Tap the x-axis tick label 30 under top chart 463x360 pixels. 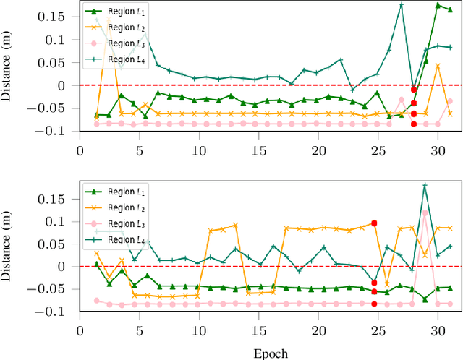pyautogui.click(x=436, y=149)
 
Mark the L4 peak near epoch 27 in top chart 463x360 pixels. pyautogui.click(x=402, y=5)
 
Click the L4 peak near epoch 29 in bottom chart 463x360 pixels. pyautogui.click(x=425, y=185)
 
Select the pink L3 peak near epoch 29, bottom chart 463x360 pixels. pyautogui.click(x=425, y=213)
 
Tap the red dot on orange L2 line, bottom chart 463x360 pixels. pyautogui.click(x=374, y=223)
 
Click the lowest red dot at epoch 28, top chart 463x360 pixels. pyautogui.click(x=414, y=124)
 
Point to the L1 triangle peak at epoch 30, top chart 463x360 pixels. pyautogui.click(x=438, y=5)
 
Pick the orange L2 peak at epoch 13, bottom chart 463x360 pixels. pyautogui.click(x=235, y=226)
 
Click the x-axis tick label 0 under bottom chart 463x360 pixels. pyautogui.click(x=80, y=330)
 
